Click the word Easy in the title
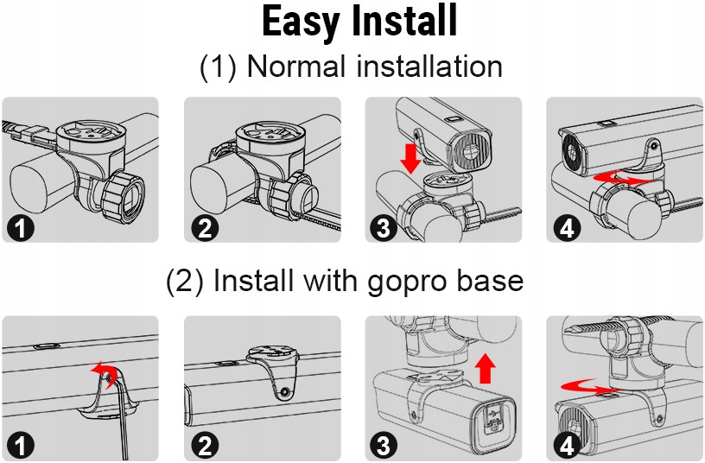(x=302, y=22)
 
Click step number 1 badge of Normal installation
(x=18, y=228)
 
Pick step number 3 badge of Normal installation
(x=381, y=228)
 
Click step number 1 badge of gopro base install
(x=18, y=446)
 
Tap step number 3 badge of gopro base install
(x=381, y=446)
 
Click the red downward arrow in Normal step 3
(x=410, y=157)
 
